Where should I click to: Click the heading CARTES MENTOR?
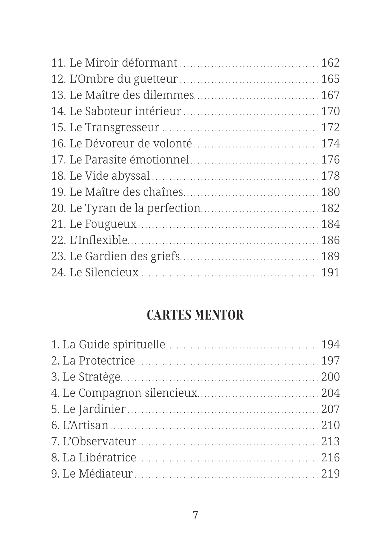pyautogui.click(x=195, y=315)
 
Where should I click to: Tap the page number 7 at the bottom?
pyautogui.click(x=195, y=515)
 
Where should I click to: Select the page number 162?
pyautogui.click(x=330, y=63)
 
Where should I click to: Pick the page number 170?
pyautogui.click(x=330, y=111)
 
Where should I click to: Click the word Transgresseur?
pyautogui.click(x=122, y=128)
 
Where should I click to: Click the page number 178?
pyautogui.click(x=330, y=176)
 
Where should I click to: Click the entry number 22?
pyautogui.click(x=58, y=240)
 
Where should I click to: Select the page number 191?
pyautogui.click(x=330, y=272)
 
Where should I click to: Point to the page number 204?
pyautogui.click(x=330, y=393)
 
